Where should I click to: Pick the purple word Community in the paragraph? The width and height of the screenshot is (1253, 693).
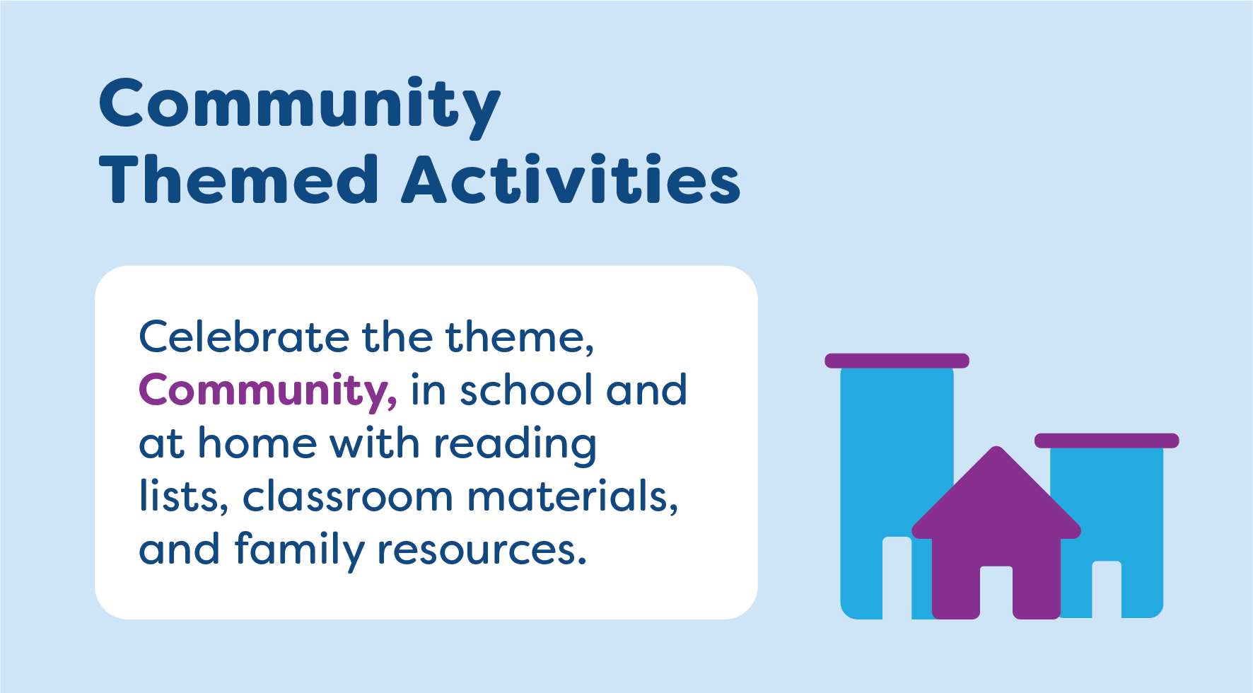(x=267, y=391)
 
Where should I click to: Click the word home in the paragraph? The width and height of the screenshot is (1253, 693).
(x=257, y=443)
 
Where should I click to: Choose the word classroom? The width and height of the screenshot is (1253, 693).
(x=347, y=496)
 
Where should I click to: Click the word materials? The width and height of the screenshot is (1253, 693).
(x=572, y=496)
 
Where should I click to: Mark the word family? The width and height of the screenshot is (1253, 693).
(x=298, y=550)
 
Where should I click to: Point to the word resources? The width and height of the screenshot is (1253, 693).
(x=482, y=550)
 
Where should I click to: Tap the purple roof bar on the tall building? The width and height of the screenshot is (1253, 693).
(x=897, y=361)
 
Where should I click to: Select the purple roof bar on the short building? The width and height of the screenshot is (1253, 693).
(x=1107, y=441)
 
